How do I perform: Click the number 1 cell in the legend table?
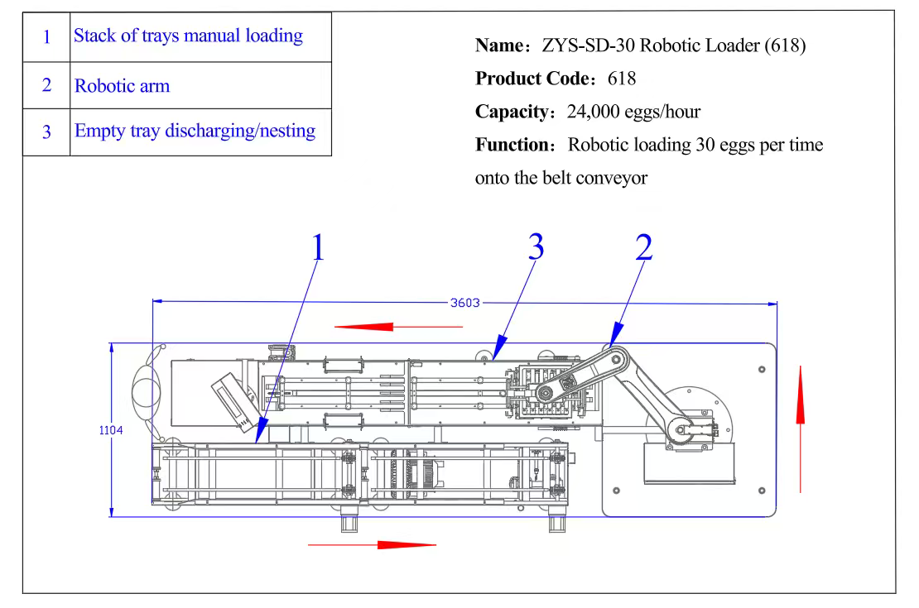click(x=46, y=37)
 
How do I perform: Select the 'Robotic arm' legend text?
click(x=122, y=86)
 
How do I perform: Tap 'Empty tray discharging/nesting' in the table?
click(x=195, y=131)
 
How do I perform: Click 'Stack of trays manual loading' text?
click(x=188, y=36)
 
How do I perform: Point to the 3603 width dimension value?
click(x=465, y=303)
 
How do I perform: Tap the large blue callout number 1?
click(x=317, y=248)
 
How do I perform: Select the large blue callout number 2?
click(x=643, y=247)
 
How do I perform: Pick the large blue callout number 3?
click(x=536, y=247)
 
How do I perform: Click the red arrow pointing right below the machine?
click(x=373, y=544)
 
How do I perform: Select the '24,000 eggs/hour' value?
click(x=633, y=112)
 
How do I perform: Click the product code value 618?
click(x=622, y=79)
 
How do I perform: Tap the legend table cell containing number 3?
click(x=46, y=132)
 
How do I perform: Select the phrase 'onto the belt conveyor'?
click(x=561, y=178)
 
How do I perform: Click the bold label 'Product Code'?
click(x=530, y=79)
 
